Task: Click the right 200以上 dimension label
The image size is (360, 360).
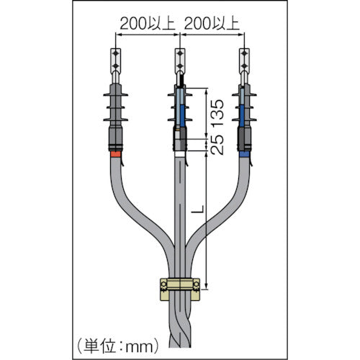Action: tap(212, 24)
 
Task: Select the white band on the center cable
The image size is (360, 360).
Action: tap(179, 153)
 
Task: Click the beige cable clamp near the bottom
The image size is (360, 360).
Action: tap(179, 287)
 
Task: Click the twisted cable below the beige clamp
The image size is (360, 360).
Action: tap(179, 324)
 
